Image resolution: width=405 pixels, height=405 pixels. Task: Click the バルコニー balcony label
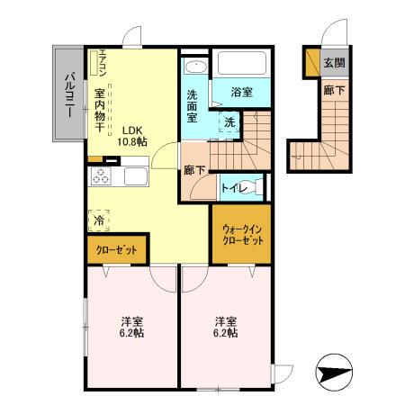click(67, 92)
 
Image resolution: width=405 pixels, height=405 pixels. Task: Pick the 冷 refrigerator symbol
click(97, 219)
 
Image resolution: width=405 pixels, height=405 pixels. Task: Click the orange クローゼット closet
click(112, 249)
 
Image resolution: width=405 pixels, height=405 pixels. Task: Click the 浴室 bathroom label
click(243, 91)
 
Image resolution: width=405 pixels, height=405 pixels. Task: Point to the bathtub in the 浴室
click(246, 66)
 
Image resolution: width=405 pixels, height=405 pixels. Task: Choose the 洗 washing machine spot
click(229, 121)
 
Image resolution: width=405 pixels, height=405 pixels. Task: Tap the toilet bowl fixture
click(258, 186)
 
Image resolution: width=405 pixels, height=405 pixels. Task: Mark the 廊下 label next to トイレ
click(194, 169)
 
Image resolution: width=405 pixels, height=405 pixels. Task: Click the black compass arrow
click(335, 371)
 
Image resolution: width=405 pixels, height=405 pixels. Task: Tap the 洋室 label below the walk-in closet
click(226, 327)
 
